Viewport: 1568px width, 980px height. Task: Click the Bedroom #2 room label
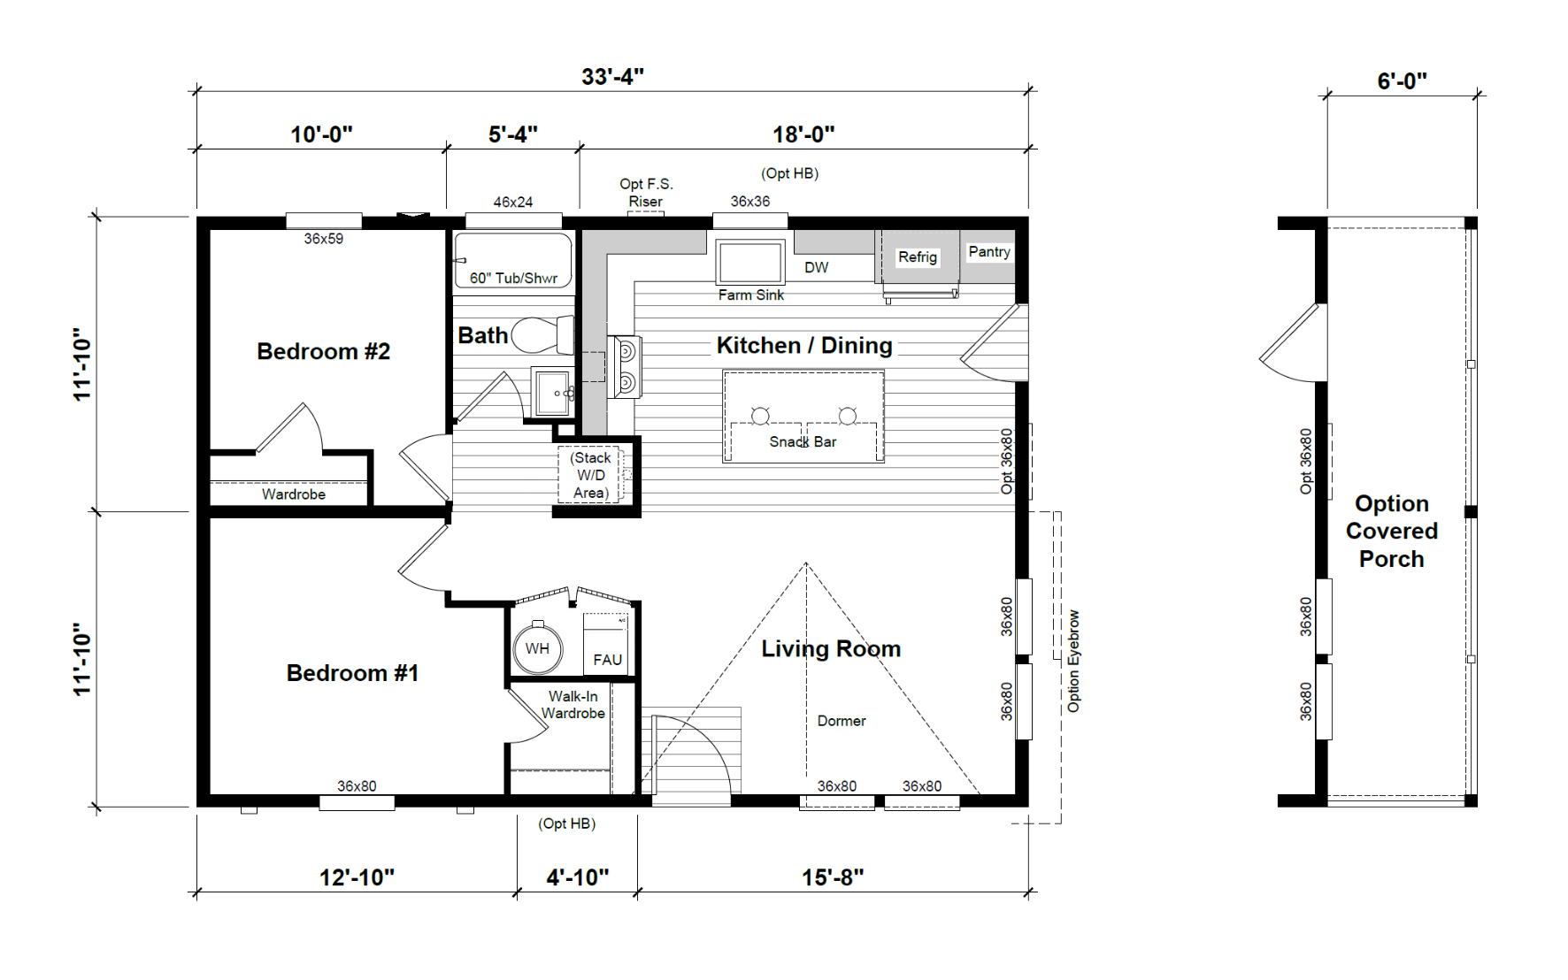(x=323, y=351)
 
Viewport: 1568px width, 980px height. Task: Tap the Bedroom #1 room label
(x=352, y=673)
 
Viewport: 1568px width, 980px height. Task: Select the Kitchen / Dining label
(x=804, y=345)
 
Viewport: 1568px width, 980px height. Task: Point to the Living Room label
(x=831, y=648)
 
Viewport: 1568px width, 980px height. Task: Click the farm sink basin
(x=750, y=262)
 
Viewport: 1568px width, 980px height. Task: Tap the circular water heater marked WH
(x=537, y=648)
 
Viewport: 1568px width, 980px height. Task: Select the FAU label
(x=608, y=660)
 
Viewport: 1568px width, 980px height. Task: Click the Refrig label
(x=918, y=256)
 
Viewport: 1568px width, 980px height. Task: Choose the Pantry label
(x=989, y=251)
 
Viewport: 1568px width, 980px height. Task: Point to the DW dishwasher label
(x=817, y=267)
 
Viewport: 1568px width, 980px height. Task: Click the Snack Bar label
(x=803, y=441)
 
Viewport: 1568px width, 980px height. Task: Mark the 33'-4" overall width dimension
(x=612, y=77)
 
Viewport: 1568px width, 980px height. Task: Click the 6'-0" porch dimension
(x=1402, y=81)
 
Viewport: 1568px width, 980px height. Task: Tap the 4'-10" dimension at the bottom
(x=578, y=877)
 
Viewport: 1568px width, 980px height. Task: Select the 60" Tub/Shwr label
(x=513, y=279)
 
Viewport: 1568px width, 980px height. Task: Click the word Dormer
(x=842, y=721)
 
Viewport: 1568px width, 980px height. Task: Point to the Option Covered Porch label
(x=1392, y=531)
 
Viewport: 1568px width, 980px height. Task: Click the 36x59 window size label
(x=324, y=239)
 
